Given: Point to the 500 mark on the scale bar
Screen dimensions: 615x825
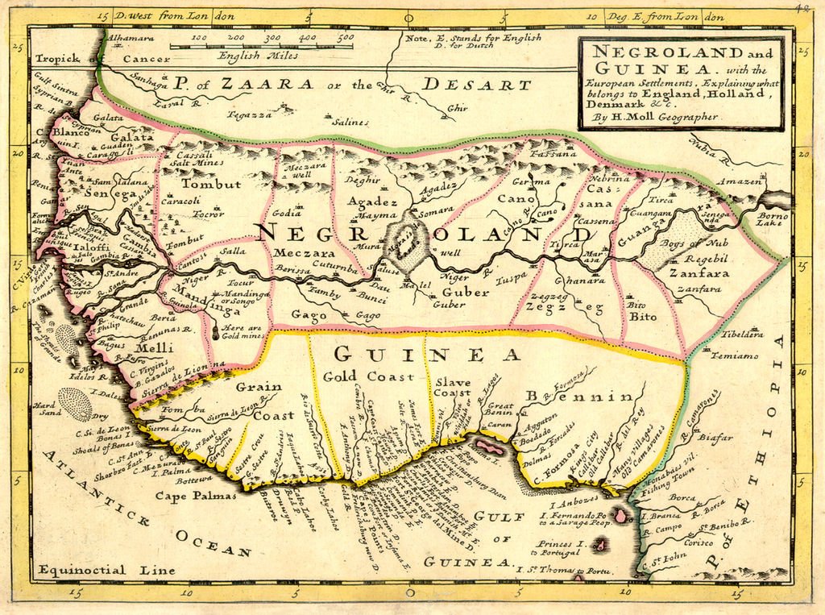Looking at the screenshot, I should coord(345,36).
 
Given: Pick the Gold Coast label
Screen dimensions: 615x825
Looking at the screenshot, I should coord(368,377).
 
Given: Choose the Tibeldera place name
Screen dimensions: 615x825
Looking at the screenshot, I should coord(741,334).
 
